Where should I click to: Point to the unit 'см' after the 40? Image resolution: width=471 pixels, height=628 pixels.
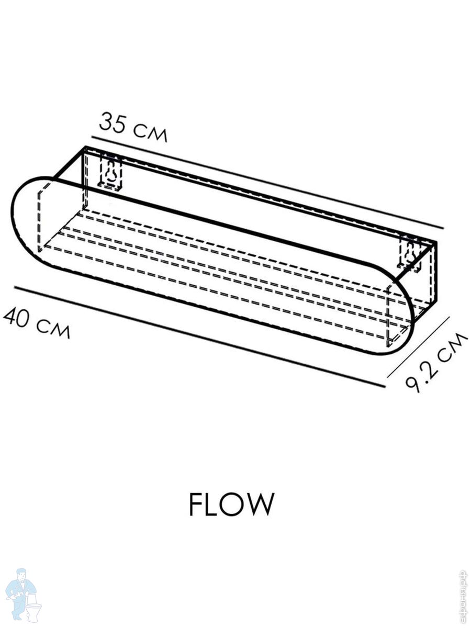(x=52, y=329)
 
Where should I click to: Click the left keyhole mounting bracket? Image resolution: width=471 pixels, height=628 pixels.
(x=111, y=173)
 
